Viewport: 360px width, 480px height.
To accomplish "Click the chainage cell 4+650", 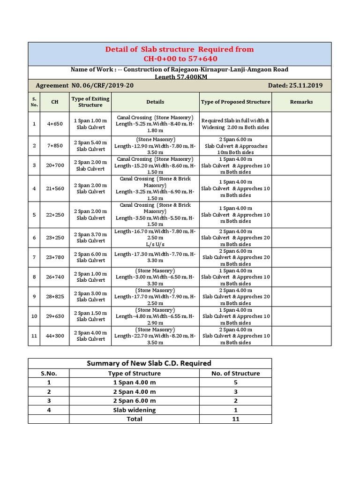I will pyautogui.click(x=54, y=124).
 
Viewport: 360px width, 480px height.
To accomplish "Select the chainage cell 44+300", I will pyautogui.click(x=54, y=336).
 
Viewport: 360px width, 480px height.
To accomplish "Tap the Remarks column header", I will pyautogui.click(x=301, y=102).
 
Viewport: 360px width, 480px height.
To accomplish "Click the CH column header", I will pyautogui.click(x=54, y=102).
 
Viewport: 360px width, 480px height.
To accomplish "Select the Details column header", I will pyautogui.click(x=155, y=102).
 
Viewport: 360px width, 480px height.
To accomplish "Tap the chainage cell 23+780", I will pyautogui.click(x=54, y=257).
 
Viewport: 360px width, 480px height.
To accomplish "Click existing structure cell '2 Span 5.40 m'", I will pyautogui.click(x=90, y=146).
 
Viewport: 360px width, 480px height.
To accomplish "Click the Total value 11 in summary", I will pyautogui.click(x=236, y=419).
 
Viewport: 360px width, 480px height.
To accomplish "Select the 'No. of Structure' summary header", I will pyautogui.click(x=236, y=374).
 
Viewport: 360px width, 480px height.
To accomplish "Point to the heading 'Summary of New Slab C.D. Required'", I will pyautogui.click(x=149, y=363).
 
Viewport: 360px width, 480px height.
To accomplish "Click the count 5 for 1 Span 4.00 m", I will pyautogui.click(x=236, y=382).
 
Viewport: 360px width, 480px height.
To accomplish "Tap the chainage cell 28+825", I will pyautogui.click(x=54, y=297).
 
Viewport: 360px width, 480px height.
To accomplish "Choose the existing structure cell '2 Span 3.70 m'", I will pyautogui.click(x=90, y=238).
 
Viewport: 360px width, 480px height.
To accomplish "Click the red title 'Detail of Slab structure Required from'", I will pyautogui.click(x=180, y=49).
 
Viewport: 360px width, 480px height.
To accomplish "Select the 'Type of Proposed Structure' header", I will pyautogui.click(x=235, y=102).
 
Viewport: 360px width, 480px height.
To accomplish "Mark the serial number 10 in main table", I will pyautogui.click(x=34, y=316).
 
